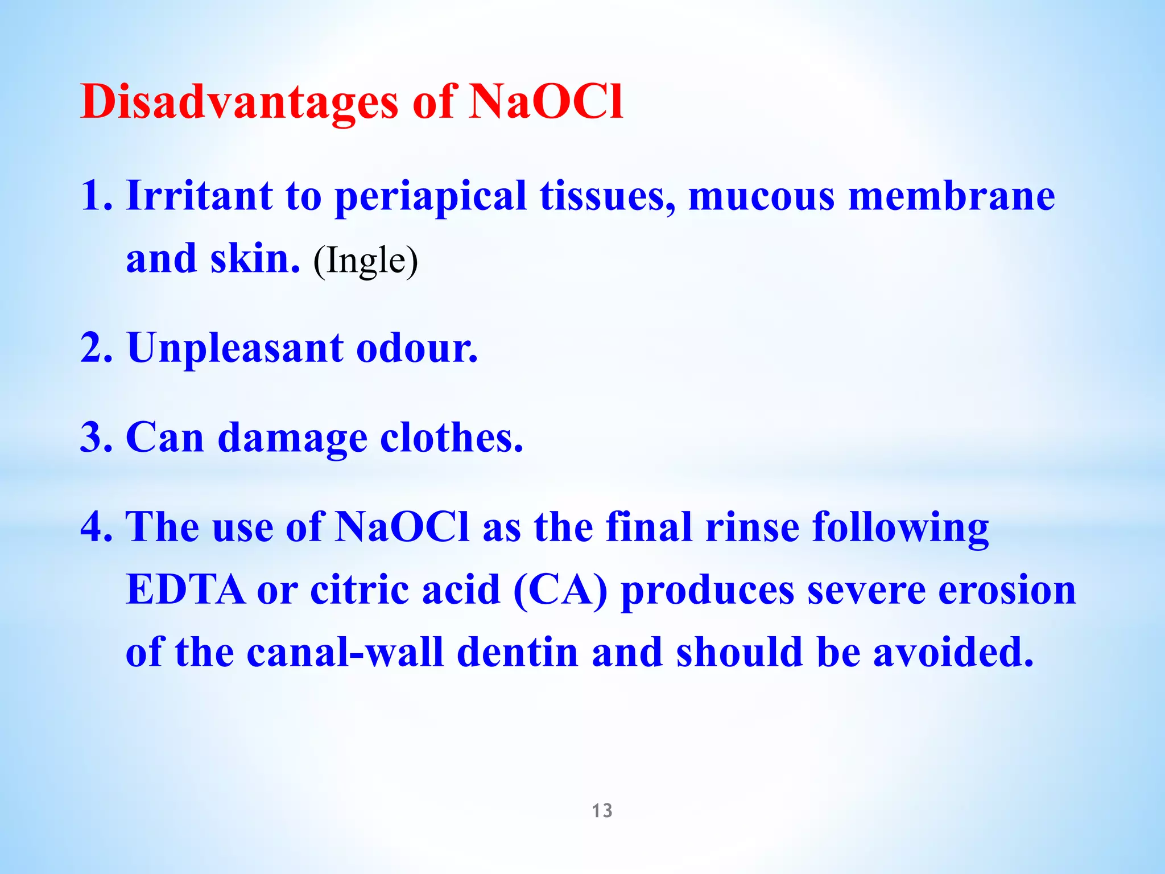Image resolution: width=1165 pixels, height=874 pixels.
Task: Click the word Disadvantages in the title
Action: coord(239,102)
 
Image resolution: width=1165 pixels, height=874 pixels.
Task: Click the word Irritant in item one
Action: coord(199,196)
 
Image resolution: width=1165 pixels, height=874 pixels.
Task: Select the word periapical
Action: coord(430,197)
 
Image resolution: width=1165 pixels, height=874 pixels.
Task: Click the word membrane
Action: coord(951,196)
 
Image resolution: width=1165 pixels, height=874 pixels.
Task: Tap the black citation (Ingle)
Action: coord(366,261)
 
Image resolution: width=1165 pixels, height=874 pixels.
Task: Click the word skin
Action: coord(255,259)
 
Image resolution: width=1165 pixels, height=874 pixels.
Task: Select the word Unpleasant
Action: coord(235,348)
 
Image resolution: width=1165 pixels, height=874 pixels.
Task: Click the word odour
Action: coord(416,348)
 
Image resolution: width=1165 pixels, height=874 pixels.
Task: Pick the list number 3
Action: coord(96,438)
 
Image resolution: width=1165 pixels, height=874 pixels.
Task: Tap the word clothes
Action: coord(451,438)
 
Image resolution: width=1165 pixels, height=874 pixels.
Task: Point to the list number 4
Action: coord(96,527)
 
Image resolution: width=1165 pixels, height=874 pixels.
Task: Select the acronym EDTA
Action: coord(185,590)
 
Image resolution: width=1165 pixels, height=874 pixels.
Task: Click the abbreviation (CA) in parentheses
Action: coord(560,590)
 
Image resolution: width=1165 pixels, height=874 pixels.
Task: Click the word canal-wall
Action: coord(345,652)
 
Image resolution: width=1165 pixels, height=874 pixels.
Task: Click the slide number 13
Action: coord(602,810)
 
